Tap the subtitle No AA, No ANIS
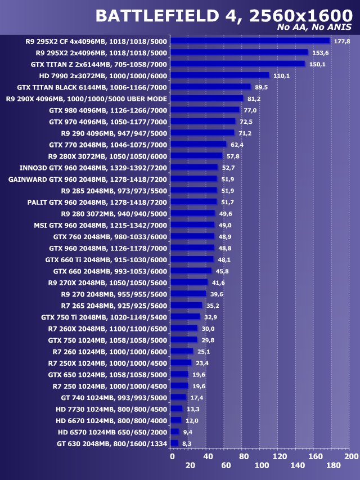pyautogui.click(x=317, y=27)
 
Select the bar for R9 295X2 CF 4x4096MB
pyautogui.click(x=250, y=41)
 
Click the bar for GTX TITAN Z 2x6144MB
pyautogui.click(x=237, y=64)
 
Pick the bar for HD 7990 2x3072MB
pyautogui.click(x=219, y=75)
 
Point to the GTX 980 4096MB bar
pyautogui.click(x=205, y=110)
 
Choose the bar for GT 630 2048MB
pyautogui.click(x=174, y=443)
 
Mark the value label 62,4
pyautogui.click(x=237, y=145)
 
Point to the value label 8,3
pyautogui.click(x=187, y=443)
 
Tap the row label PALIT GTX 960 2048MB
pyautogui.click(x=97, y=202)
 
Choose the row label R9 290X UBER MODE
pyautogui.click(x=86, y=98)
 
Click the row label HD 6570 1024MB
pyautogui.click(x=112, y=432)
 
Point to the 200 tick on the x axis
pyautogui.click(x=351, y=456)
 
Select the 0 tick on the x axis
pyautogui.click(x=172, y=456)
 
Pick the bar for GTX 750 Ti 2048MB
pyautogui.click(x=185, y=317)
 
